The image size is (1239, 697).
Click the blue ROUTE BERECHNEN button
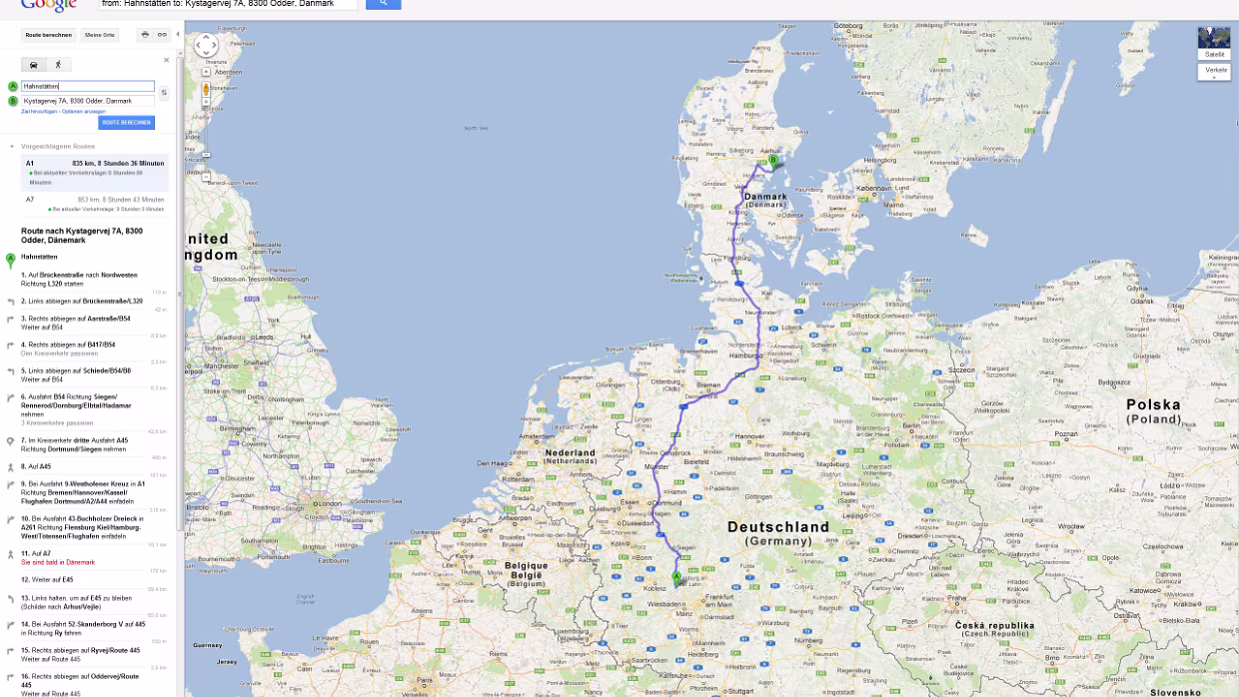coord(126,123)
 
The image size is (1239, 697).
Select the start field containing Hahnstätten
coord(88,86)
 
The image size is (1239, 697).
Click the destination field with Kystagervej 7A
coord(88,101)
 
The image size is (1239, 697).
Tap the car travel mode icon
coord(34,64)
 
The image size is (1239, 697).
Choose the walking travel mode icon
coord(57,64)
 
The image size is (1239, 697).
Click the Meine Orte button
coord(100,35)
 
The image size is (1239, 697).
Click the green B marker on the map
coord(772,159)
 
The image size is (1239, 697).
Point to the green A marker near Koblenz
coord(676,577)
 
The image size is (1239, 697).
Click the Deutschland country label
coord(777,526)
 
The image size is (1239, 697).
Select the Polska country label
coord(1153,405)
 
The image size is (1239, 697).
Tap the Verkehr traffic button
coord(1215,70)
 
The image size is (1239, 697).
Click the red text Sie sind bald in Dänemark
coord(58,562)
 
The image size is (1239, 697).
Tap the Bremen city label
coord(708,385)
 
